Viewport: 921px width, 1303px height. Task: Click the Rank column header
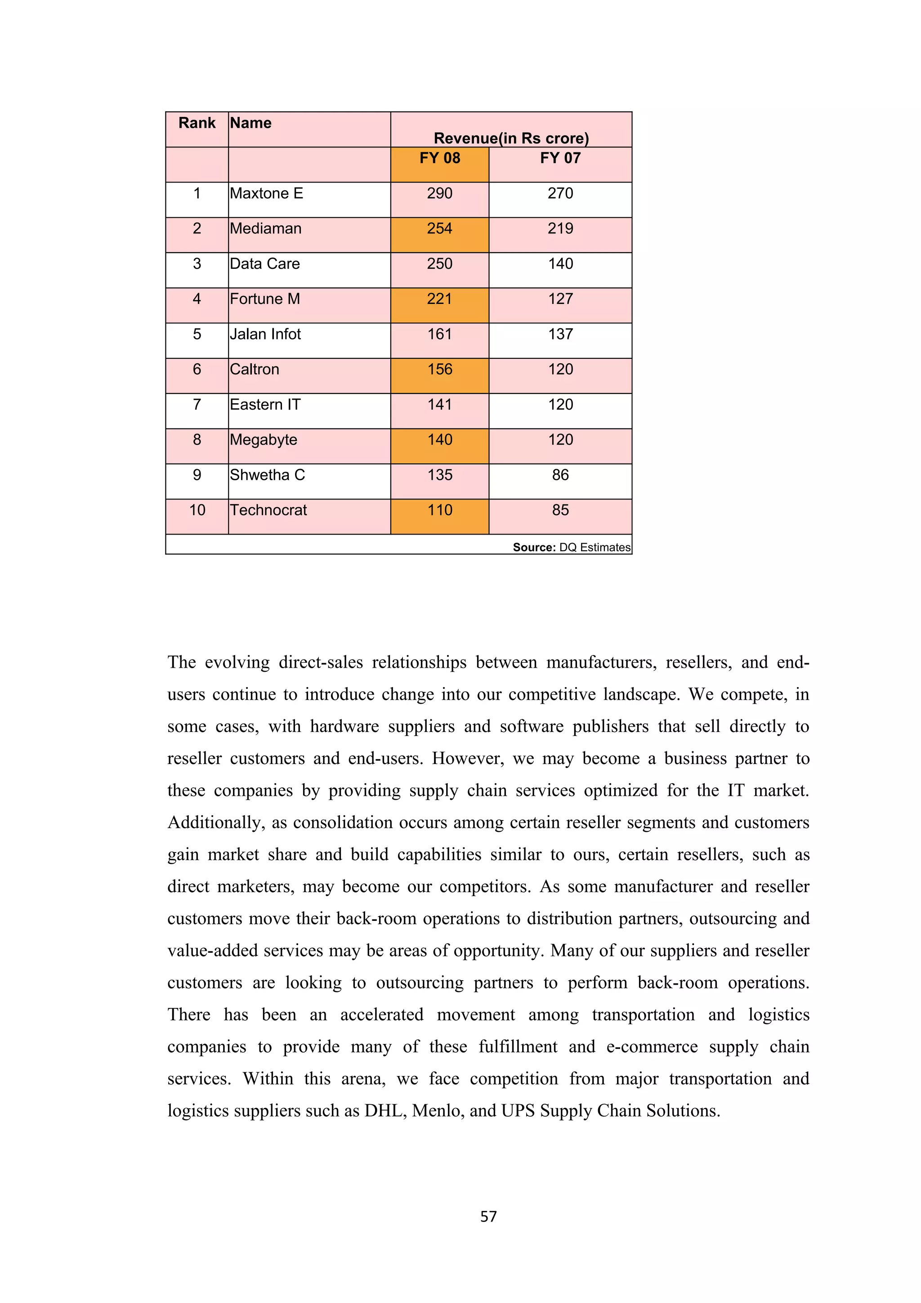tap(197, 123)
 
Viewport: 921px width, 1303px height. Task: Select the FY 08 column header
tap(440, 158)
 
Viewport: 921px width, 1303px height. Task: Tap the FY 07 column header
tap(560, 158)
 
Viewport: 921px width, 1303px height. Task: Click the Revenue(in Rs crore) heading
tap(511, 138)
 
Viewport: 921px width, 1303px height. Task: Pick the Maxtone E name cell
tap(267, 193)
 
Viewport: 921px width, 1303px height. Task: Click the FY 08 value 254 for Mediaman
tap(440, 229)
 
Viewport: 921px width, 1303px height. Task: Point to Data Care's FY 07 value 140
tap(560, 264)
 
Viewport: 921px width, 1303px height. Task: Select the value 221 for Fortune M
tap(440, 299)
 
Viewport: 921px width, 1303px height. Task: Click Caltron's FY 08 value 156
tap(440, 370)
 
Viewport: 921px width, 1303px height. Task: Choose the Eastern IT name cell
tap(265, 405)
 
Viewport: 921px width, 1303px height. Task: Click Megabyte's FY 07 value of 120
tap(560, 440)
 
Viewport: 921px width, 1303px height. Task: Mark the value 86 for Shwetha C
tap(560, 475)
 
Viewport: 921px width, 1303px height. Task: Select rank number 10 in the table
tap(197, 510)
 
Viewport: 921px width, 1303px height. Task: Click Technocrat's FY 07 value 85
tap(560, 510)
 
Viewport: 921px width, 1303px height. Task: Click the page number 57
tap(488, 1217)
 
